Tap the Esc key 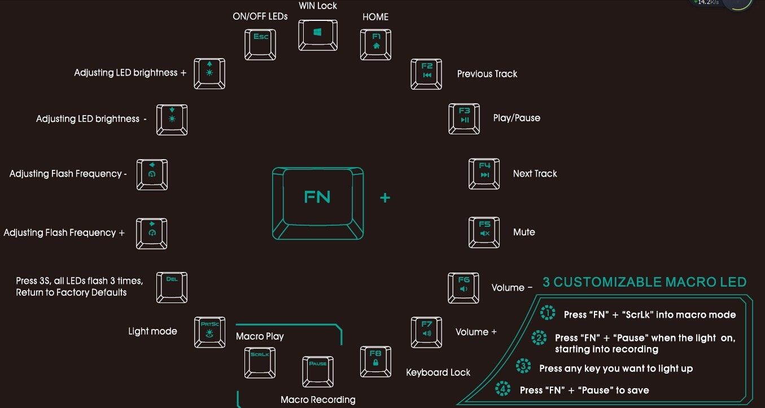[x=260, y=43]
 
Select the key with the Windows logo [x=318, y=34]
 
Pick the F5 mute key [x=484, y=231]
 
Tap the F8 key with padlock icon [x=375, y=361]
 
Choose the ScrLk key [x=260, y=362]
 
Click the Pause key [x=318, y=370]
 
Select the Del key [x=172, y=287]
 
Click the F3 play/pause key [x=464, y=117]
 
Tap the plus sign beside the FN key [x=386, y=198]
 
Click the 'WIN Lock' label [x=318, y=6]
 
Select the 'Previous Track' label [x=487, y=74]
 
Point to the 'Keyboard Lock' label [x=438, y=372]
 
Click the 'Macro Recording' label [x=318, y=400]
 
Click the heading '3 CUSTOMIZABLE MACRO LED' [x=644, y=282]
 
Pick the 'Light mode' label [x=152, y=331]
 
